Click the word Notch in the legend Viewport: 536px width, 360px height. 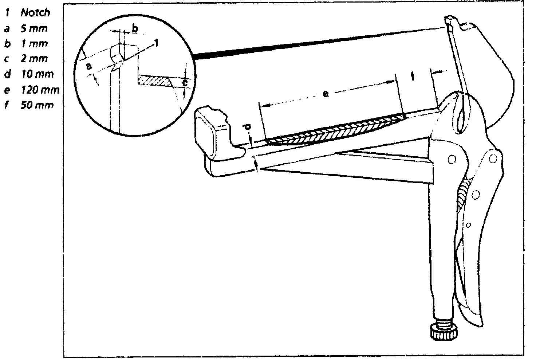tap(35, 13)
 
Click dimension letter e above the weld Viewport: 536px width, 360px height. tap(326, 94)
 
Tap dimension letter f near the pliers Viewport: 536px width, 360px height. tap(412, 76)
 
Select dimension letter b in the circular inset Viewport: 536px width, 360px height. tap(134, 28)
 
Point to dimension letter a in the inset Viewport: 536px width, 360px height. tap(88, 66)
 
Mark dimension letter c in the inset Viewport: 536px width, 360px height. tap(185, 83)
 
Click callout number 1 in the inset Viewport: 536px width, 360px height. tap(156, 43)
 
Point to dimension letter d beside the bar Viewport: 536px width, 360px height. tap(247, 127)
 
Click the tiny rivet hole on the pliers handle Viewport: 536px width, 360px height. tap(468, 225)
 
